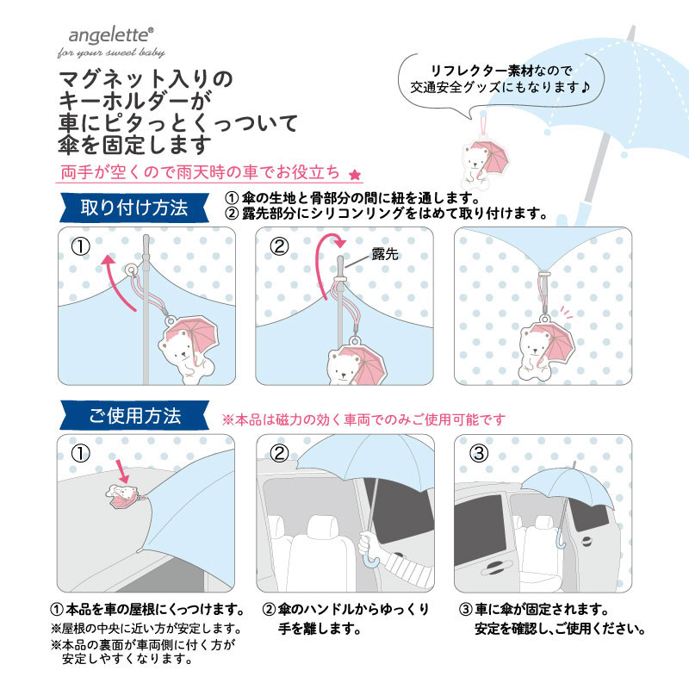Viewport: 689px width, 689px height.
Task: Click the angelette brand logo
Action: [111, 41]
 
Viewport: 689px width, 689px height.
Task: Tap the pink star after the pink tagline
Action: [355, 175]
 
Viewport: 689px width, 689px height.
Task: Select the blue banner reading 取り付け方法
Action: [134, 208]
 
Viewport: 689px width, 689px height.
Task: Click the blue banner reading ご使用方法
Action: [134, 415]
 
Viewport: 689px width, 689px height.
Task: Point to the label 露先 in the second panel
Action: [385, 254]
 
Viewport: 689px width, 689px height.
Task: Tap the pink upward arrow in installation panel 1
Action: [117, 282]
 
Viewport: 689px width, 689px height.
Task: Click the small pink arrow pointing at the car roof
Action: [122, 471]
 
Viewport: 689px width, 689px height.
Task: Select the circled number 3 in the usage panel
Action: [479, 453]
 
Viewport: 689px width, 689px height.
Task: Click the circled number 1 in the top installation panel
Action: [80, 246]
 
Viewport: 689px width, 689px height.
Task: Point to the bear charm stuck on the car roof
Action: [123, 496]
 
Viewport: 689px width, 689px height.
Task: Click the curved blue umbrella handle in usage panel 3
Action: [562, 540]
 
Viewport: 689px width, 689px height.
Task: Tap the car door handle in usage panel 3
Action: [587, 541]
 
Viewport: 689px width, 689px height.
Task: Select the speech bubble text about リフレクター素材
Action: [500, 79]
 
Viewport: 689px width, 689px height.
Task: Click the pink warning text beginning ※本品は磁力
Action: [363, 419]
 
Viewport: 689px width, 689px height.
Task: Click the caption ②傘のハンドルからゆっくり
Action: [345, 610]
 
